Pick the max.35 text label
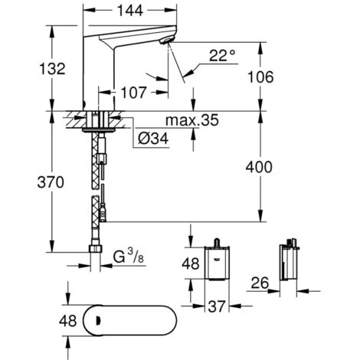tap(191, 121)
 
